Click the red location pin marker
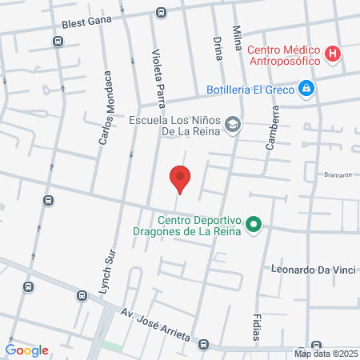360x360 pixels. [x=180, y=178]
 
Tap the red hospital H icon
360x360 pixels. [x=334, y=54]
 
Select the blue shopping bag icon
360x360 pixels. [x=306, y=88]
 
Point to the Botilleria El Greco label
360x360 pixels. [x=250, y=89]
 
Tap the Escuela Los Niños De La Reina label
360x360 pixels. [x=175, y=128]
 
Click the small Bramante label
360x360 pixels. [x=337, y=174]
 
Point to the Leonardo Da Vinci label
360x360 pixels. [x=312, y=270]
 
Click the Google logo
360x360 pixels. [x=27, y=350]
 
